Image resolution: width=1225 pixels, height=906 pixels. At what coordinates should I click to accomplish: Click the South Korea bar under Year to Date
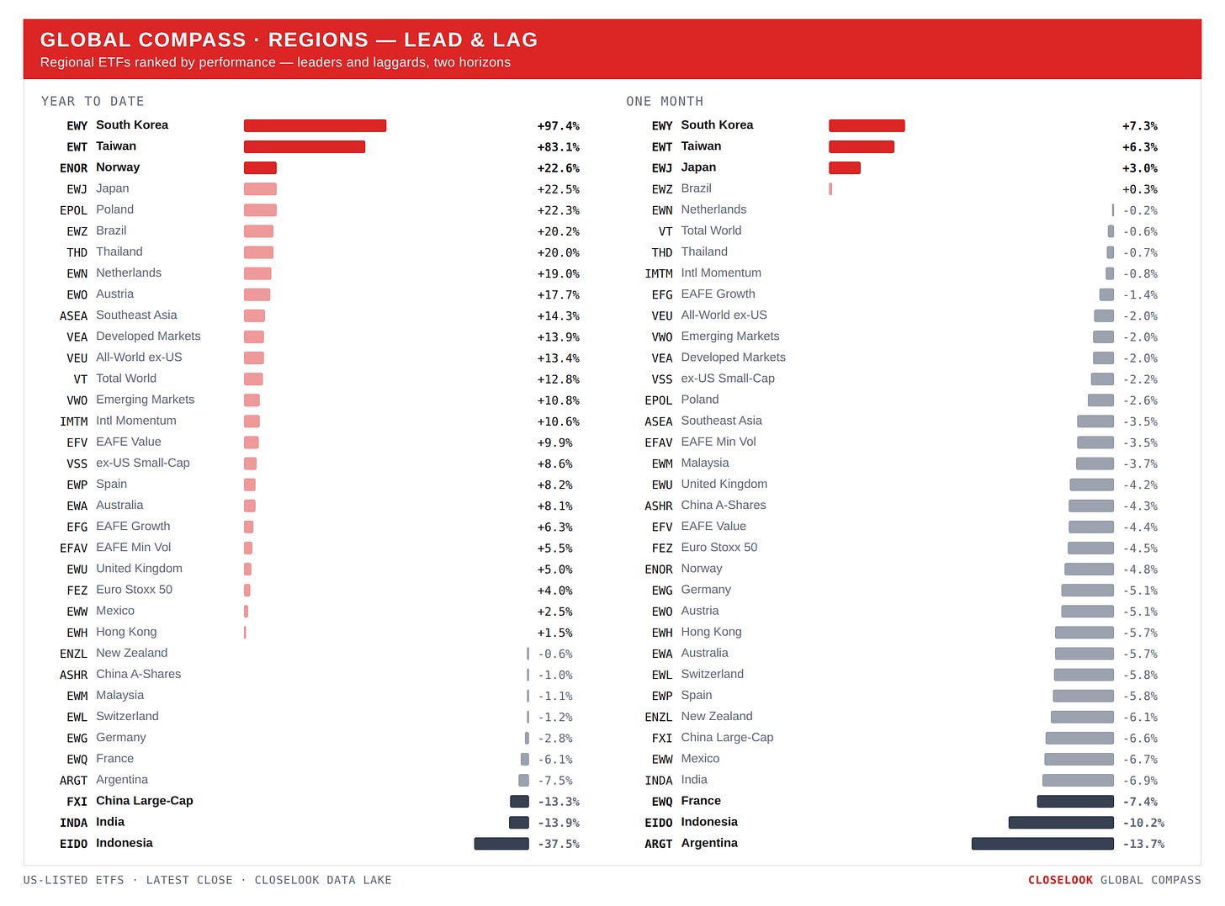[315, 125]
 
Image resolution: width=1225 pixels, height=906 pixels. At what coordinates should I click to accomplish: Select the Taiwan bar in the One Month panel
[861, 146]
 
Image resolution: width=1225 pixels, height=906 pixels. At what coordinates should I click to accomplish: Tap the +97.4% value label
[558, 126]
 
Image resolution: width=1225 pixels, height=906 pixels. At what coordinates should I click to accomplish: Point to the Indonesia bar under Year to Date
[501, 844]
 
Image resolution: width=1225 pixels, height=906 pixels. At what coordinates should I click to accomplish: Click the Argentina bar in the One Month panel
[1042, 844]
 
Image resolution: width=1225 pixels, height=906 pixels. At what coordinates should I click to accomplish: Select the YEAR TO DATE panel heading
[93, 101]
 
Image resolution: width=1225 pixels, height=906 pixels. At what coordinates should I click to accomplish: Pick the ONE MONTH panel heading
[665, 101]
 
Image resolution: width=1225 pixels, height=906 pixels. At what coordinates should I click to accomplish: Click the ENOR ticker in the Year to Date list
[73, 168]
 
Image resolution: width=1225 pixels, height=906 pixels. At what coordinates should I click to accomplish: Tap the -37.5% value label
[559, 844]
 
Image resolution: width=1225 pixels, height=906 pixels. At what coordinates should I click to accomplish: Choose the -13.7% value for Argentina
[1143, 844]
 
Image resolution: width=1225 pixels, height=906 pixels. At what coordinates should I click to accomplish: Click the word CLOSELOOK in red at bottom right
[1060, 880]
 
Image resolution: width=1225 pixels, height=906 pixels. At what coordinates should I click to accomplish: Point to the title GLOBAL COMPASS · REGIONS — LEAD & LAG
[289, 40]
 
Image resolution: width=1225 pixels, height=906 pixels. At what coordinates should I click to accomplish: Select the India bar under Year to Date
[518, 823]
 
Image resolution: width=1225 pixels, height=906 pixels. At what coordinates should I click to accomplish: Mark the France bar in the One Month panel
[1074, 802]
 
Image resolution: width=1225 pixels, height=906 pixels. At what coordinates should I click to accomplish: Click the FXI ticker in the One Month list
[661, 739]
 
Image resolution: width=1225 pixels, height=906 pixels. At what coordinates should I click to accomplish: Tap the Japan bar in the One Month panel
[845, 168]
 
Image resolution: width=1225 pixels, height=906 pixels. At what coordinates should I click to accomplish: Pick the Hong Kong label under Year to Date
[126, 632]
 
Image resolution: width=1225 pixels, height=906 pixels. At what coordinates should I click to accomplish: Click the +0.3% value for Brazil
[1139, 189]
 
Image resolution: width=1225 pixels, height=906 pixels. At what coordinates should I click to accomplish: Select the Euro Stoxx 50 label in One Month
[719, 548]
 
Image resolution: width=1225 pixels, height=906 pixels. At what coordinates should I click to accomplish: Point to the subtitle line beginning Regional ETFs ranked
[275, 62]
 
